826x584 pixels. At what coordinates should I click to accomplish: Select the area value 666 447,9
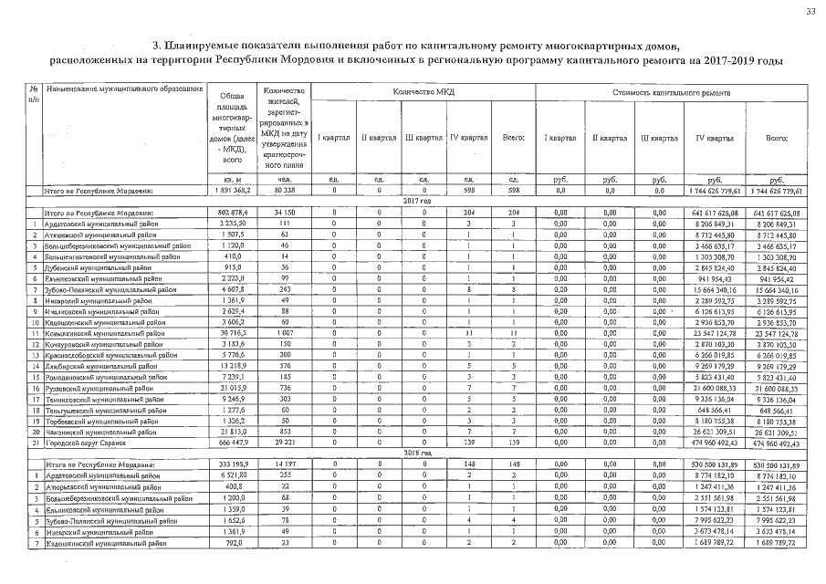coord(227,443)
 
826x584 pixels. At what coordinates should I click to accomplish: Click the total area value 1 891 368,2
coord(227,191)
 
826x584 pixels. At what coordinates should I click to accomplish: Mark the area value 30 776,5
coord(227,337)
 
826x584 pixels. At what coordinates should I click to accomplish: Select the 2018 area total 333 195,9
coord(227,464)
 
